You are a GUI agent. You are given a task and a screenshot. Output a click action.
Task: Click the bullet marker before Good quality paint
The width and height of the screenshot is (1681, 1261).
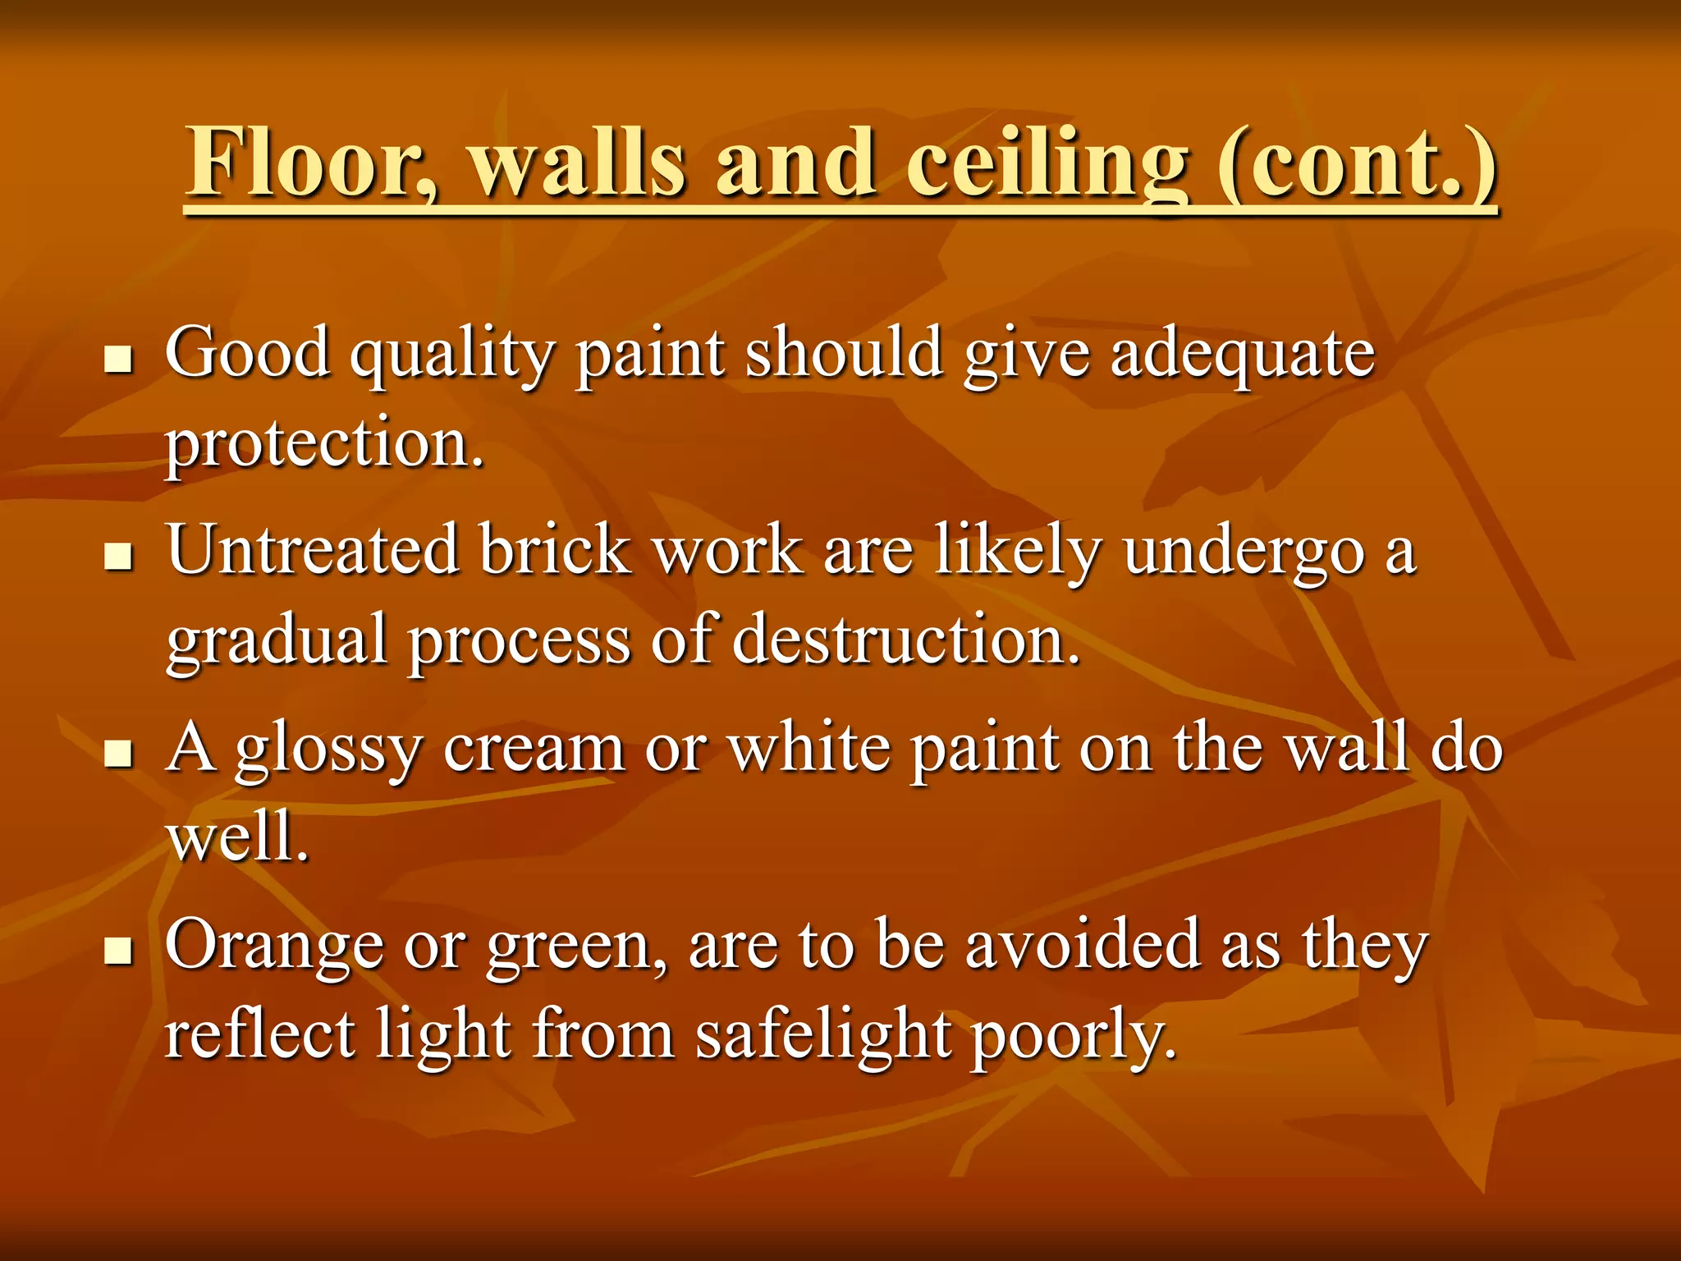pyautogui.click(x=119, y=359)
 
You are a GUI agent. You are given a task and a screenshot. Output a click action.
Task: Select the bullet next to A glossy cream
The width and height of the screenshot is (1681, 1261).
pyautogui.click(x=119, y=753)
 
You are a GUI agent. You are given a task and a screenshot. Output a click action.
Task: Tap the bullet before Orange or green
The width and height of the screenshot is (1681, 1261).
pyautogui.click(x=119, y=950)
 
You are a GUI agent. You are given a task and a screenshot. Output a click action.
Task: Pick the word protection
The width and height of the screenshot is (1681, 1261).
pyautogui.click(x=324, y=443)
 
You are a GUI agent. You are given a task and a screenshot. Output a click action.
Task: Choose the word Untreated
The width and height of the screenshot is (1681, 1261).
pyautogui.click(x=313, y=550)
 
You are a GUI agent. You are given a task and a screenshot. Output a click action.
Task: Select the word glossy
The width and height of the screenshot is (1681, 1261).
pyautogui.click(x=328, y=751)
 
